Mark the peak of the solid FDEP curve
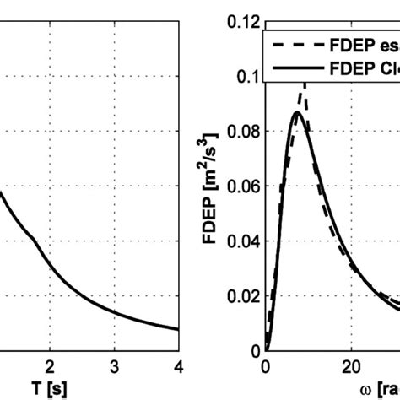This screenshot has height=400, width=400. pyautogui.click(x=296, y=112)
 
